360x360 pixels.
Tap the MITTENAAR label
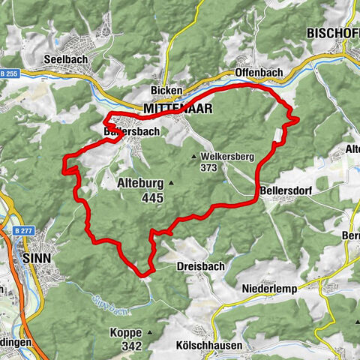pyautogui.click(x=177, y=109)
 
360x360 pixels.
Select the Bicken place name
pyautogui.click(x=166, y=91)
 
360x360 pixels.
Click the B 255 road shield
pyautogui.click(x=9, y=73)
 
